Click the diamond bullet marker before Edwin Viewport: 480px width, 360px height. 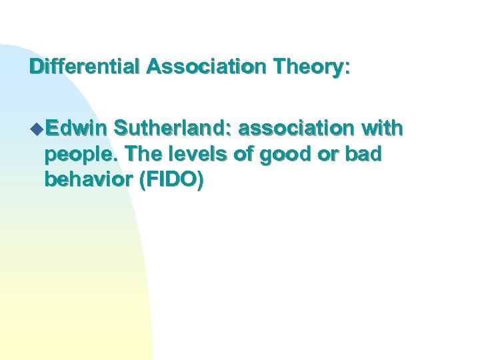pos(35,127)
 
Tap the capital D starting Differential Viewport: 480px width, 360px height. pos(36,68)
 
